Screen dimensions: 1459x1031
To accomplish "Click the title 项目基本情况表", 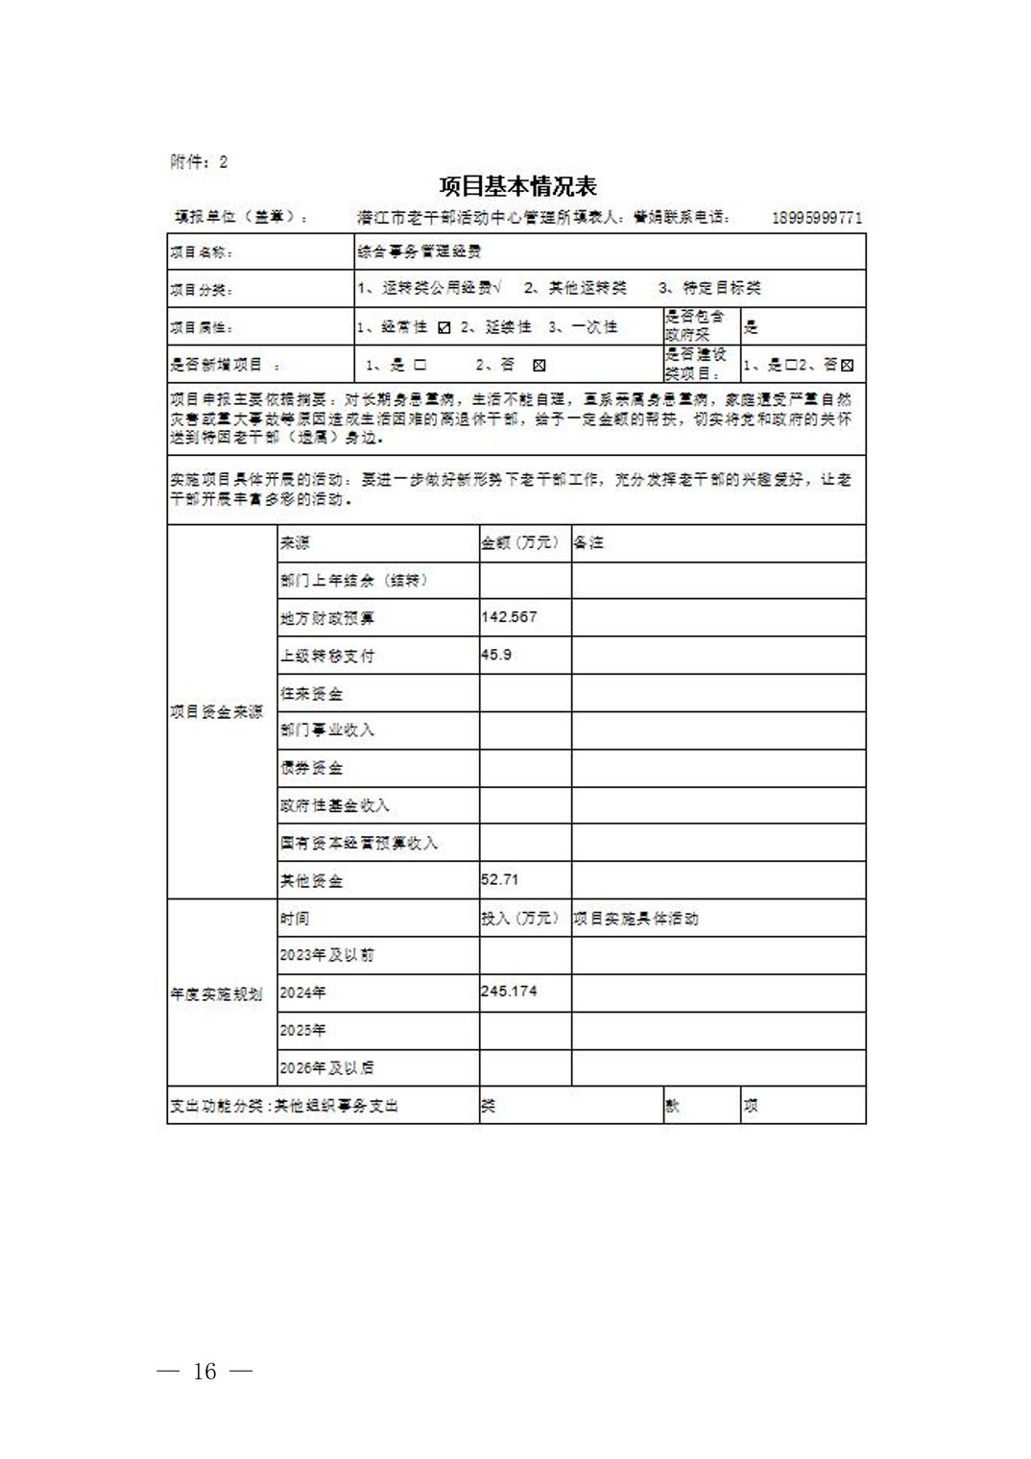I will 517,186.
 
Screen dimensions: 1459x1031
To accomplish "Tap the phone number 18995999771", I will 816,218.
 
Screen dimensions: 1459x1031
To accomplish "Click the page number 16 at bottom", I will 204,1371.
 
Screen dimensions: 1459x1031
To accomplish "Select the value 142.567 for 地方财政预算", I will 509,617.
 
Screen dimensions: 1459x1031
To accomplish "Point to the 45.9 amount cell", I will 496,655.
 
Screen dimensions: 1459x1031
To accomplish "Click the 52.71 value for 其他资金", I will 499,879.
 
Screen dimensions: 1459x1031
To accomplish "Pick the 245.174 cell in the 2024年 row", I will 509,991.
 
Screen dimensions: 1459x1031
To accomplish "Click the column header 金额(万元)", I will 519,542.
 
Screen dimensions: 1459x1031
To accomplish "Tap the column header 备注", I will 588,542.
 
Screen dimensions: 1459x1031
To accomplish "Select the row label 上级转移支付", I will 327,656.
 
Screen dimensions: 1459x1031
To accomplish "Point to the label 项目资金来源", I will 217,711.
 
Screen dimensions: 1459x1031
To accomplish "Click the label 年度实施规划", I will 217,993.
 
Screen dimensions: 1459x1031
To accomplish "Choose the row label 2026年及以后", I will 326,1067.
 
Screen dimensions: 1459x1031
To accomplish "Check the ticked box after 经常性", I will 444,327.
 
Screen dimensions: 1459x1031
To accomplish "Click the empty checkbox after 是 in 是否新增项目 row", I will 420,365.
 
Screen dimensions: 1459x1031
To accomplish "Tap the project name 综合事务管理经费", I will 419,251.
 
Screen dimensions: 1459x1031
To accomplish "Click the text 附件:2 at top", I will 199,161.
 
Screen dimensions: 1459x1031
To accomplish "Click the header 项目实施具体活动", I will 635,919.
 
